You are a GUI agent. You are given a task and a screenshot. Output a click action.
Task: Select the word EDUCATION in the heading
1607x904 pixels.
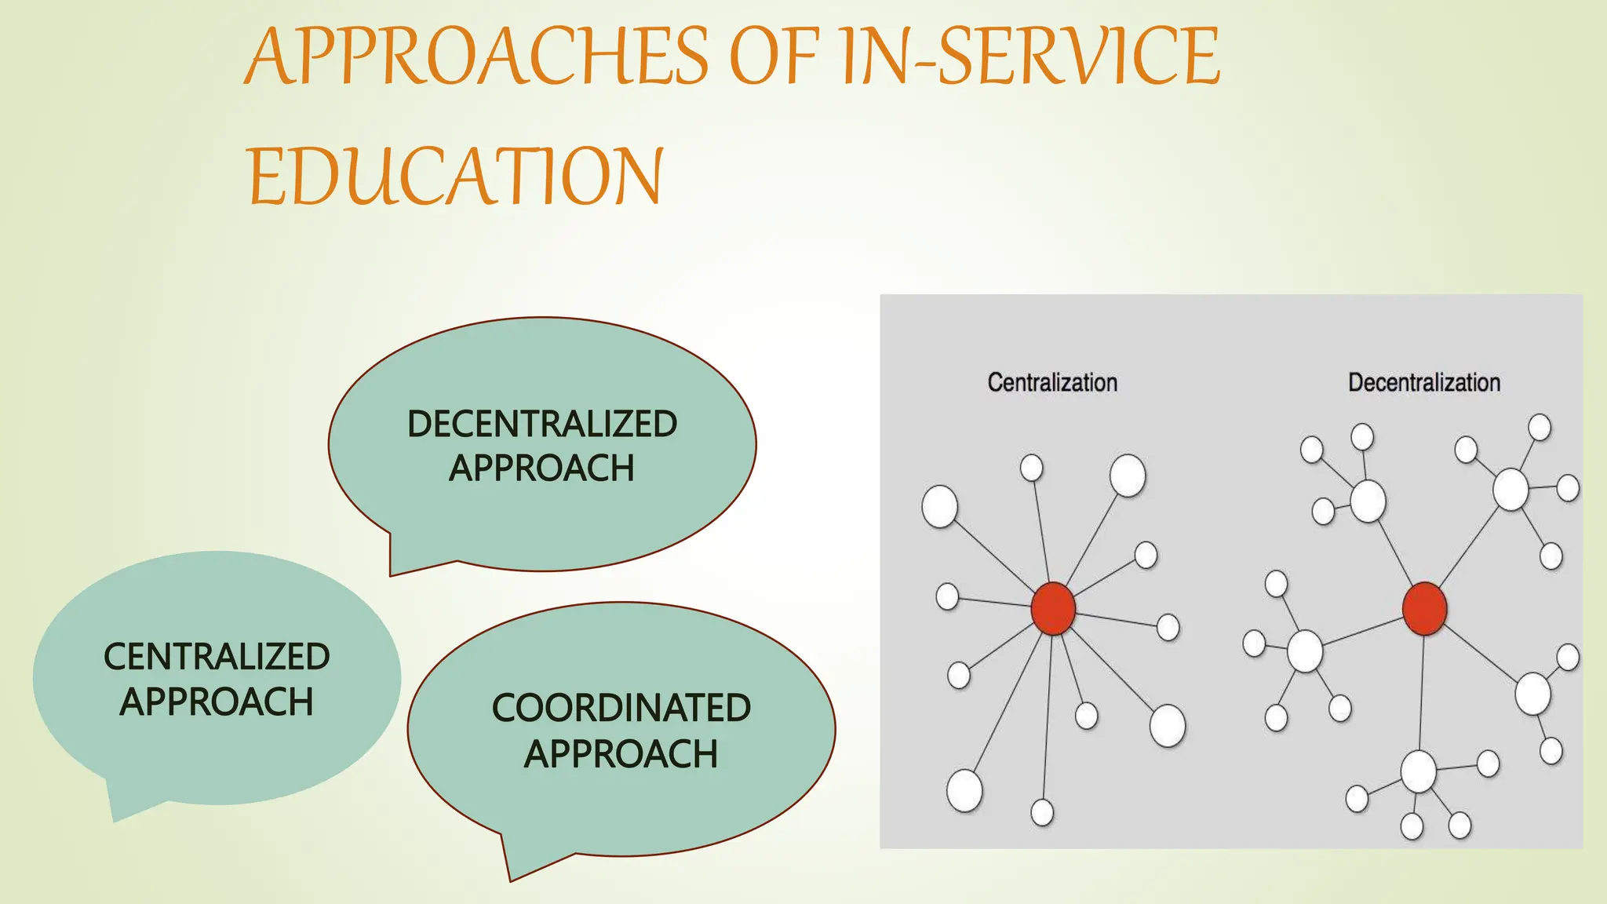coord(456,177)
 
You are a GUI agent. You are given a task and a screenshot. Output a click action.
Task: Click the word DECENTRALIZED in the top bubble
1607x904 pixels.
coord(541,425)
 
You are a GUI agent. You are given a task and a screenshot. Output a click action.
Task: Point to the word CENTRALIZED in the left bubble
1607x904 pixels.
coord(217,657)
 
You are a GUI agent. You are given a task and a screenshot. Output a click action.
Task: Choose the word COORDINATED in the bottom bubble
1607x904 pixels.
coord(621,708)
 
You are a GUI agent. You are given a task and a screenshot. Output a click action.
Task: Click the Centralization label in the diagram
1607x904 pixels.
coord(1051,383)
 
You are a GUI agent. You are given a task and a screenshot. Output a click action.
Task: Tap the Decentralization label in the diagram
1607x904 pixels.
coord(1423,383)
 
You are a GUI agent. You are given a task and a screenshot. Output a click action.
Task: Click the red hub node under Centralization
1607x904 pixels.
coord(1052,608)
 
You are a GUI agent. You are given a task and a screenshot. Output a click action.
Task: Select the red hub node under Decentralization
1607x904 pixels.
coord(1424,608)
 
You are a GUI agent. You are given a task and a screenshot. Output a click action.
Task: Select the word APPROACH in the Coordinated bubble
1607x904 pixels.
coord(621,754)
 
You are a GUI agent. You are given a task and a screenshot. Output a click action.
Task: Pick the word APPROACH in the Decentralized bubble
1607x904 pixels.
coord(541,468)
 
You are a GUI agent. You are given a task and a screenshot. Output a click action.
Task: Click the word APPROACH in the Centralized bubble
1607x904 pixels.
coord(217,702)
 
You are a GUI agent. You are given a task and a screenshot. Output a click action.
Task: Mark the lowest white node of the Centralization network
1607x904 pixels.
coord(1042,812)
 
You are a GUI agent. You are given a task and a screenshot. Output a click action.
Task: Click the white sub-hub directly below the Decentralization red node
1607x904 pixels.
coord(1418,771)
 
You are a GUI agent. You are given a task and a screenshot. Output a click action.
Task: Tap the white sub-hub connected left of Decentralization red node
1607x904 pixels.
coord(1305,651)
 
